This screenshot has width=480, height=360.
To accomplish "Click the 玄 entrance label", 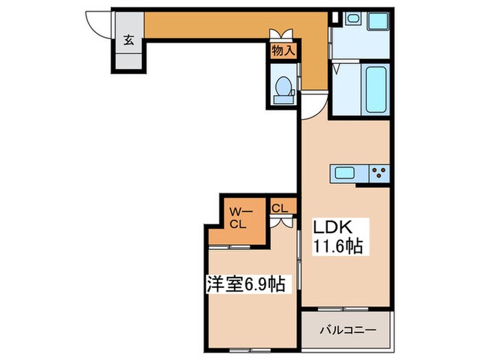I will click(x=129, y=39).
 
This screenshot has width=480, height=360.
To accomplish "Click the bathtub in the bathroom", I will click(x=375, y=89).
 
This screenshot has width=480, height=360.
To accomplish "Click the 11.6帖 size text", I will click(x=337, y=245).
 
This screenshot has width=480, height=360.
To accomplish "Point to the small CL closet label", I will click(x=280, y=207).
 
